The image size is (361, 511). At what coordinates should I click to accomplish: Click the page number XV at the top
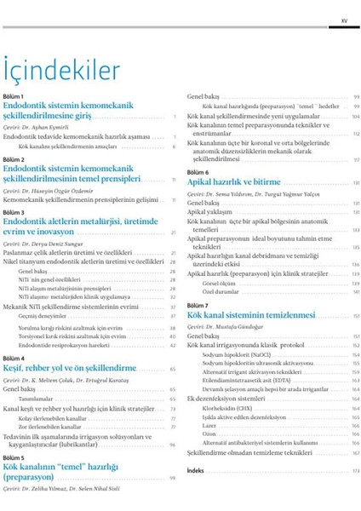(343, 14)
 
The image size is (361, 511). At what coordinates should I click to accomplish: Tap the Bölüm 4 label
(14, 359)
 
